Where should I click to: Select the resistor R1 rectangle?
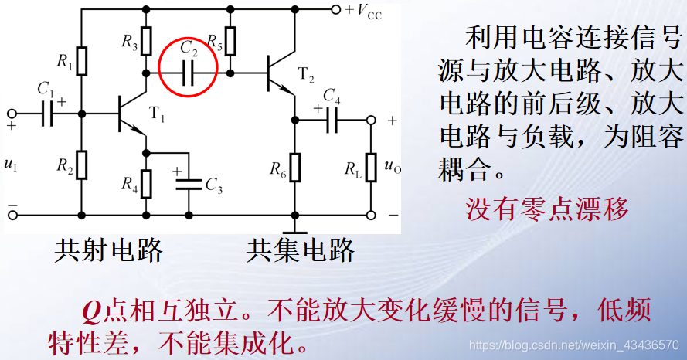(82, 59)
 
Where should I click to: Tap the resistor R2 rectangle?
(82, 164)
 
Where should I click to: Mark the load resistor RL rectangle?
(372, 166)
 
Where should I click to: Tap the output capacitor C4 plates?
(332, 119)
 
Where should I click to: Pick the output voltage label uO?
(393, 165)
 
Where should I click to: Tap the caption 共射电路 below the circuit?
(108, 249)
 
